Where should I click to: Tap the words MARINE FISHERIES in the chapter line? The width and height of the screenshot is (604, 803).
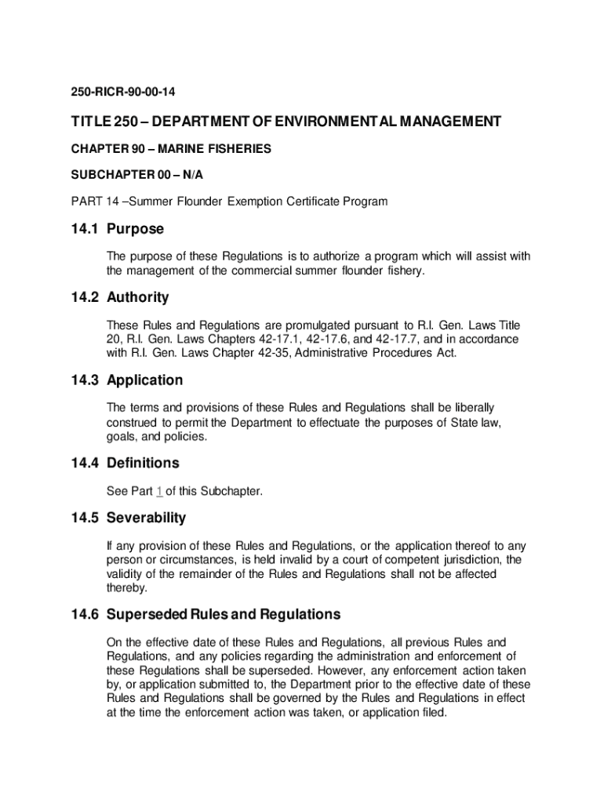tap(225, 148)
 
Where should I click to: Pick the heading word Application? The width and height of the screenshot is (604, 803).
tap(145, 380)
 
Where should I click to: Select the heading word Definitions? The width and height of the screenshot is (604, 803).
tap(143, 463)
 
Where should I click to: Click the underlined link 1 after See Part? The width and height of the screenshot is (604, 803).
tap(159, 491)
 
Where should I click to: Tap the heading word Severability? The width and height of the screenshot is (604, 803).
tap(147, 518)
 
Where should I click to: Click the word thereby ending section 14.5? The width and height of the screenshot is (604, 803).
tap(126, 587)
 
